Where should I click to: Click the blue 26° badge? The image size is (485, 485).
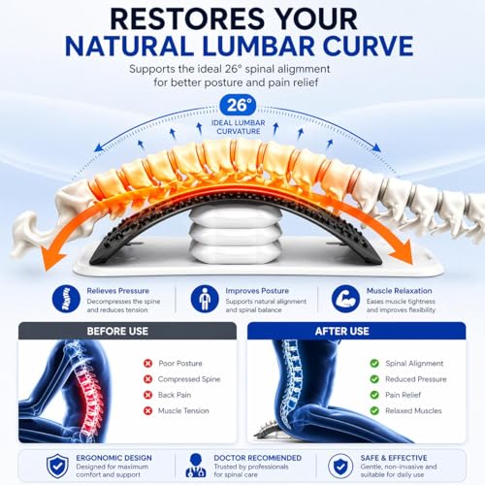pyautogui.click(x=238, y=105)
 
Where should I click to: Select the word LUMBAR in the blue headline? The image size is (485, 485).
pyautogui.click(x=258, y=47)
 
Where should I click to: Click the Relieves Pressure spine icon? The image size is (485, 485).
pyautogui.click(x=66, y=299)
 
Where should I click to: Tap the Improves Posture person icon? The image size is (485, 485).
pyautogui.click(x=205, y=299)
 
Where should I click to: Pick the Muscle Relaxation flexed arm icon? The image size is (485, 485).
pyautogui.click(x=345, y=299)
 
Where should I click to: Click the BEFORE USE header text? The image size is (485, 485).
pyautogui.click(x=117, y=331)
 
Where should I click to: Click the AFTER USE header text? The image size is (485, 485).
pyautogui.click(x=342, y=331)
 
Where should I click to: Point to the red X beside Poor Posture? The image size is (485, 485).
pyautogui.click(x=147, y=364)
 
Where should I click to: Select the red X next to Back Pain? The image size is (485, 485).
pyautogui.click(x=147, y=395)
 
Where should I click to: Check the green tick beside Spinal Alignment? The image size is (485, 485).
pyautogui.click(x=374, y=364)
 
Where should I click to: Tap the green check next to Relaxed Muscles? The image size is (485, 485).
pyautogui.click(x=374, y=410)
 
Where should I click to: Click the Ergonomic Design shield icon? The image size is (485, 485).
pyautogui.click(x=57, y=466)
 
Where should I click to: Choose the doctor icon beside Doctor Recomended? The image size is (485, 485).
pyautogui.click(x=196, y=466)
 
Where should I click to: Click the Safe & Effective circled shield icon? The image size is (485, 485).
pyautogui.click(x=340, y=466)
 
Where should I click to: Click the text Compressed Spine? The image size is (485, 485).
pyautogui.click(x=189, y=379)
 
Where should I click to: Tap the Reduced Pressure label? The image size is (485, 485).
pyautogui.click(x=416, y=379)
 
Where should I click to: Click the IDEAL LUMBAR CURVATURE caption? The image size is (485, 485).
pyautogui.click(x=239, y=127)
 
